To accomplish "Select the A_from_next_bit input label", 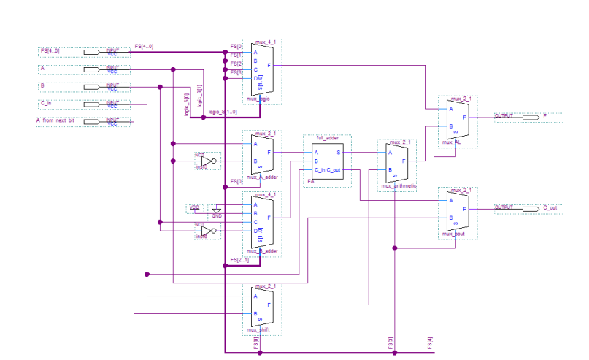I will click(57, 120).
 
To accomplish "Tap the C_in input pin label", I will click(46, 104).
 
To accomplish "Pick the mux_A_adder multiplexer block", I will click(261, 154).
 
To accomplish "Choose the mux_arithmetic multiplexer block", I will click(396, 163).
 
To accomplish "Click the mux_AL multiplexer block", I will click(457, 120).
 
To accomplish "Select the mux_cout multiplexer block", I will click(457, 212).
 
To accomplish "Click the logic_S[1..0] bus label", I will click(222, 112).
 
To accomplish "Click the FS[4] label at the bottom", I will click(431, 343).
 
